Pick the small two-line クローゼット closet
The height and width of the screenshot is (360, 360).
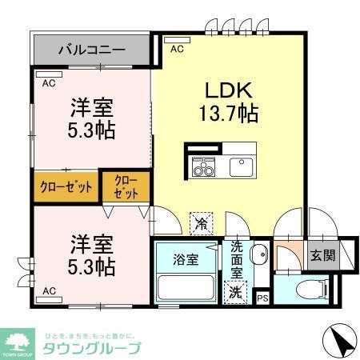click(x=126, y=186)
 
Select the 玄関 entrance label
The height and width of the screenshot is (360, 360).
click(x=324, y=256)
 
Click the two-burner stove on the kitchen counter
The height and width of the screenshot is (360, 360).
click(x=202, y=167)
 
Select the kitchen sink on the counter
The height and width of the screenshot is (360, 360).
click(x=241, y=166)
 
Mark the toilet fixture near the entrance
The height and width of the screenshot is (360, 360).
click(x=309, y=288)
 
